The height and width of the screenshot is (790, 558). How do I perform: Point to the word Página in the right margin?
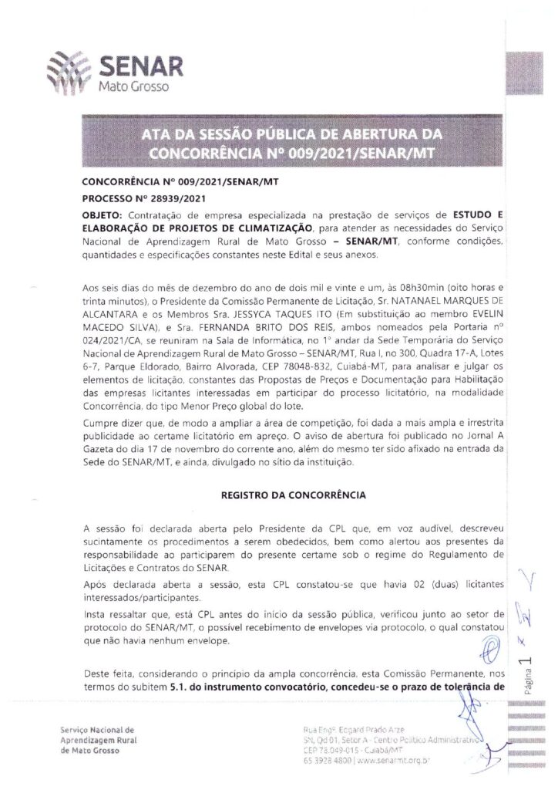(x=526, y=684)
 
